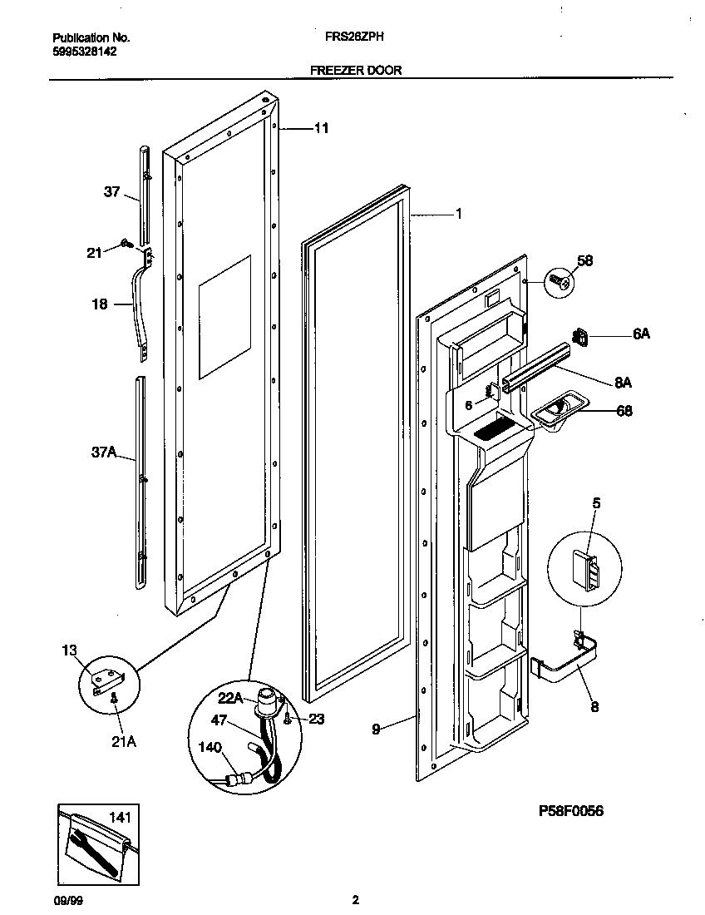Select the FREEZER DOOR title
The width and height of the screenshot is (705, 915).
pos(356,71)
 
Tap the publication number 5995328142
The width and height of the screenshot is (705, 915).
pos(85,51)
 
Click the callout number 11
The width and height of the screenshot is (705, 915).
pos(321,128)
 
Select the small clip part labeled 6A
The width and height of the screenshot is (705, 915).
pos(581,336)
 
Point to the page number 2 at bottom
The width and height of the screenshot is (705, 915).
pos(356,899)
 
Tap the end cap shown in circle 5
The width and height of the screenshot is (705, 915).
pos(587,568)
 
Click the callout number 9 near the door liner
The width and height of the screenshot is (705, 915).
pos(377,729)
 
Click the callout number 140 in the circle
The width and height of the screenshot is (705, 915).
pos(210,748)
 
